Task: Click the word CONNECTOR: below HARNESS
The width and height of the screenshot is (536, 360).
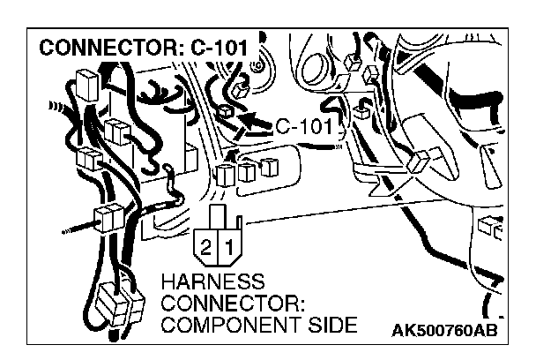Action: click(x=234, y=304)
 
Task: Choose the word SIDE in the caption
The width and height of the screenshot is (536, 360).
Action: click(x=334, y=326)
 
